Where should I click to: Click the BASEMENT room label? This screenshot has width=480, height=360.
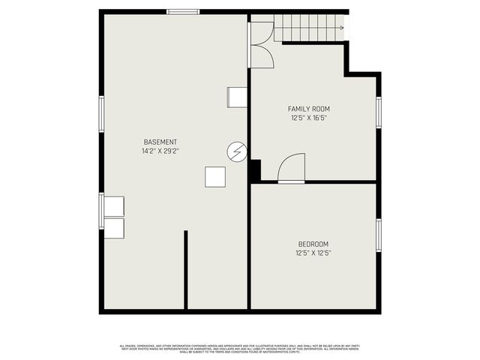tap(160, 142)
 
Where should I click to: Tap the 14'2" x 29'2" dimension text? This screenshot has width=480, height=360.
tap(160, 151)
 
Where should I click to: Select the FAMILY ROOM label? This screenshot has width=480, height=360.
tap(309, 109)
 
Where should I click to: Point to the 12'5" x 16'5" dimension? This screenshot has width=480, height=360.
tap(309, 118)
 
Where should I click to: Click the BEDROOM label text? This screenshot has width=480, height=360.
tap(313, 244)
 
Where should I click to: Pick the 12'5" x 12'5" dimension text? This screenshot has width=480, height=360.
tap(313, 253)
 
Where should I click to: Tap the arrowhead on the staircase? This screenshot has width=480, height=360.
tap(342, 28)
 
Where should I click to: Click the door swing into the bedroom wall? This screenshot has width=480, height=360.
tap(292, 168)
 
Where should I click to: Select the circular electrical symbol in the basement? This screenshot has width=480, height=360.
tap(236, 151)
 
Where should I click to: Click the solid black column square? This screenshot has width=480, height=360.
tap(254, 170)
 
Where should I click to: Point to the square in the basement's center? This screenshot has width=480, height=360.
tap(215, 177)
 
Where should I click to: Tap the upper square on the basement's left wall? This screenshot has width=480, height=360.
tap(114, 206)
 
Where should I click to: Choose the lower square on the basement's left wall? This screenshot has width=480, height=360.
tap(114, 228)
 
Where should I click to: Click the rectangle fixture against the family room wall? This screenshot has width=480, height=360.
tap(238, 97)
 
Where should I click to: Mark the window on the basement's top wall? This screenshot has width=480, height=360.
tap(183, 12)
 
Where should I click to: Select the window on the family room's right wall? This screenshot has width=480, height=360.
tap(379, 112)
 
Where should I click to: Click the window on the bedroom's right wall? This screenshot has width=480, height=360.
tap(379, 235)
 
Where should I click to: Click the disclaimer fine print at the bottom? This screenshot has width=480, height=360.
tap(239, 349)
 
